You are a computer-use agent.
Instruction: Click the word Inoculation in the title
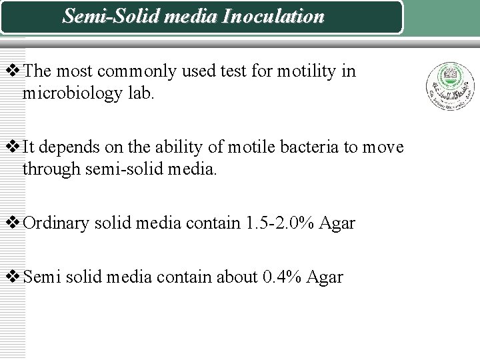coord(273,16)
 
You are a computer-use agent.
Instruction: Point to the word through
coord(51,169)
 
